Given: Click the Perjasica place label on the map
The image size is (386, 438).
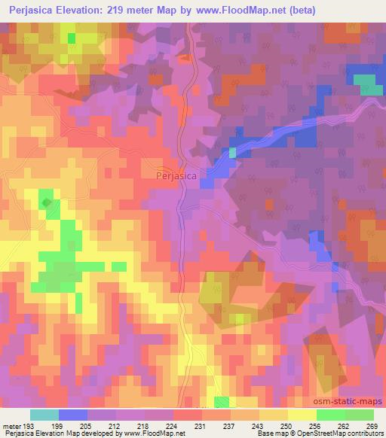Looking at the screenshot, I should click(176, 176).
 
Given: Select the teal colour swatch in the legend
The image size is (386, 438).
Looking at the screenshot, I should click(44, 415).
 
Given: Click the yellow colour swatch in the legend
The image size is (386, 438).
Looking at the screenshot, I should click(302, 415).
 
